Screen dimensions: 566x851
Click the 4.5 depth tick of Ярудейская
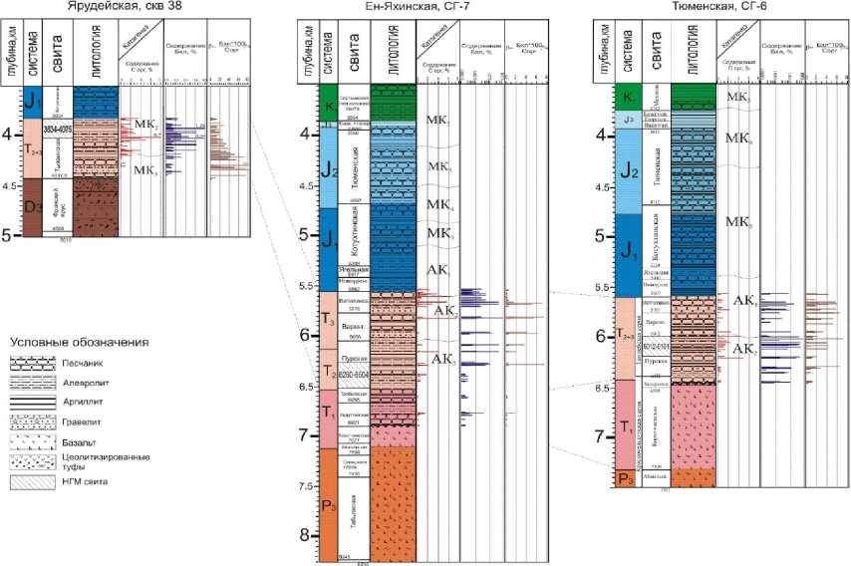12,185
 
